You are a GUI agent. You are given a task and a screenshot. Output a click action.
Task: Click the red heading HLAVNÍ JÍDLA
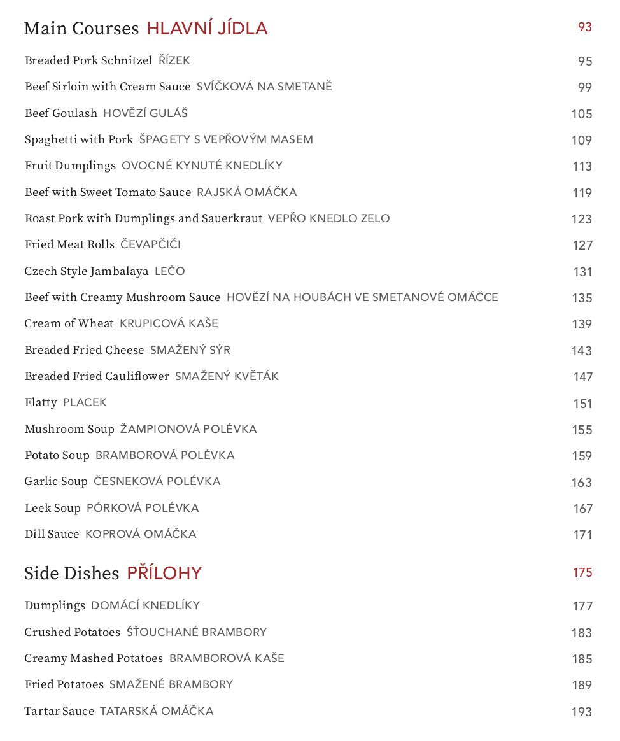click(x=207, y=29)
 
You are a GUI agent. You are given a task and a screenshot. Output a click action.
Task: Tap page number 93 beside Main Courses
click(x=584, y=27)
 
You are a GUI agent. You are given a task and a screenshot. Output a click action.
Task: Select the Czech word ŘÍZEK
click(x=174, y=60)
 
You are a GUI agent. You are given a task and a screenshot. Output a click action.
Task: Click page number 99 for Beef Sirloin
click(x=584, y=87)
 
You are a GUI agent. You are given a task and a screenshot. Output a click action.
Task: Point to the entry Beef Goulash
click(x=61, y=113)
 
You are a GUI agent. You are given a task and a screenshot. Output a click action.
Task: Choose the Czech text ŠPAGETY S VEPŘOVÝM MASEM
click(x=226, y=139)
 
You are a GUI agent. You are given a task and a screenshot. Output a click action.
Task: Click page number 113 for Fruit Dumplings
click(x=582, y=166)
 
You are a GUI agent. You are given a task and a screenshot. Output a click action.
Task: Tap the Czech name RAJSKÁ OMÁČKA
click(x=247, y=192)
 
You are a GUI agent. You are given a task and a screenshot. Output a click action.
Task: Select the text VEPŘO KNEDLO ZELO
click(x=328, y=218)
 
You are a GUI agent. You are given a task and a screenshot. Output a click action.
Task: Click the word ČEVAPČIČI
click(x=151, y=244)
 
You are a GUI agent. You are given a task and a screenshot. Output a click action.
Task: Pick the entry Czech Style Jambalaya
click(x=87, y=271)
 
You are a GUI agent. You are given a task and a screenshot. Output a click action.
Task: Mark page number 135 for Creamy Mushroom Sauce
click(x=582, y=298)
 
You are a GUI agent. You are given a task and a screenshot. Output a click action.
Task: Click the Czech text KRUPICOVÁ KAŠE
click(x=169, y=323)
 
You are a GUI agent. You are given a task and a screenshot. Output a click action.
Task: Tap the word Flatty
click(x=41, y=402)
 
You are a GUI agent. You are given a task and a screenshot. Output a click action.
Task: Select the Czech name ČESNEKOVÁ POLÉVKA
click(x=157, y=481)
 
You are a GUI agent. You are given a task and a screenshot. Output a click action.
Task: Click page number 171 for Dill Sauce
click(x=582, y=535)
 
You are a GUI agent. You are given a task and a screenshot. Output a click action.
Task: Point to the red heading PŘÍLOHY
click(x=164, y=574)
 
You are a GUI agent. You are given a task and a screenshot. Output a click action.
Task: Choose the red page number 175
click(x=582, y=572)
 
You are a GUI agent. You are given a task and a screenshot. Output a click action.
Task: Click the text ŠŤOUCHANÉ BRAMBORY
click(x=197, y=632)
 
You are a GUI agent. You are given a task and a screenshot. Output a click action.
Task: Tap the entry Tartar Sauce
click(x=59, y=711)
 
